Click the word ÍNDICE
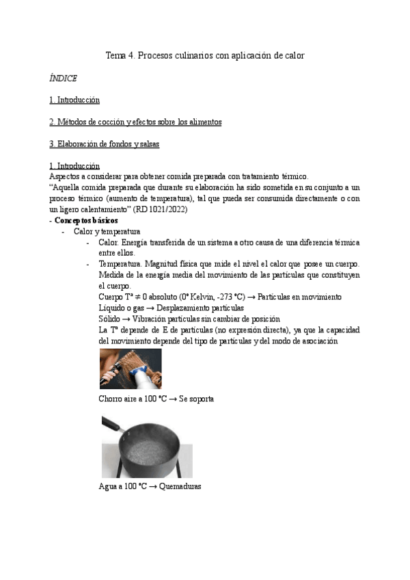(63, 78)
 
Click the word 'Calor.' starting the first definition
(108, 243)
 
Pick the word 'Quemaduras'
(179, 487)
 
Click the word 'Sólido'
(109, 319)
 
